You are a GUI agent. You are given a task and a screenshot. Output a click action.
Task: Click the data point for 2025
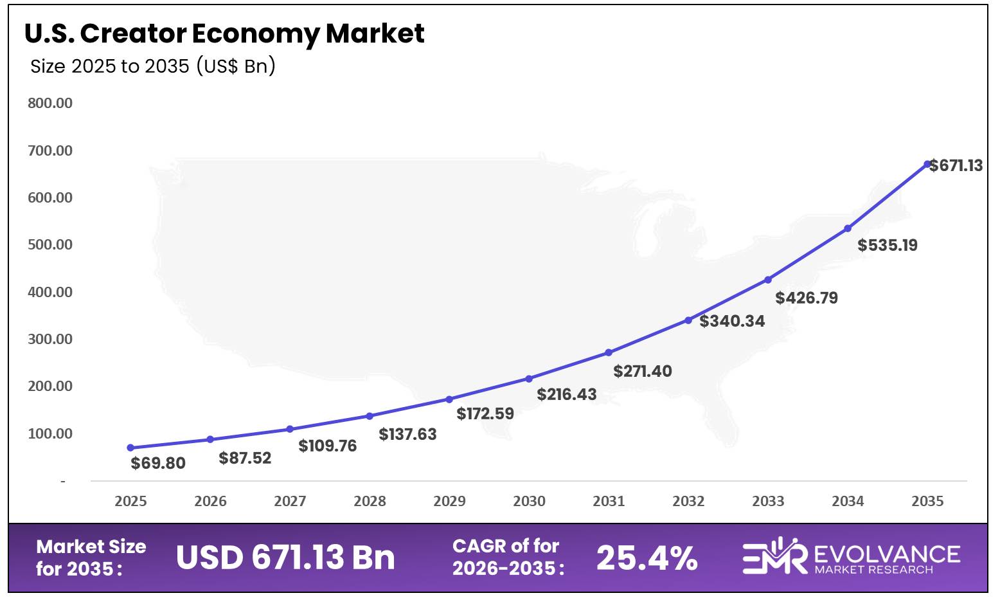click(x=130, y=448)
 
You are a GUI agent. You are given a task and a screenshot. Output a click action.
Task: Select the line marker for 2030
click(x=529, y=379)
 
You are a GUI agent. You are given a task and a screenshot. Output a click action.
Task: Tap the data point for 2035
click(x=927, y=164)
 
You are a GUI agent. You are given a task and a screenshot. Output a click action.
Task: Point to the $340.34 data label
click(x=732, y=321)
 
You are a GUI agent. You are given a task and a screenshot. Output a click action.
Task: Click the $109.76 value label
click(x=327, y=446)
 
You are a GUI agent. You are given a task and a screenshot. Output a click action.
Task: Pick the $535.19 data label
click(x=888, y=245)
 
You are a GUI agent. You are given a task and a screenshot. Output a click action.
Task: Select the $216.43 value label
click(x=567, y=394)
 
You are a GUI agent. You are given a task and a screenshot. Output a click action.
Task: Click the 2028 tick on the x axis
click(x=370, y=501)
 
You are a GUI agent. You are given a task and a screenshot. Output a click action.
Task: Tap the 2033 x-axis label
click(x=768, y=501)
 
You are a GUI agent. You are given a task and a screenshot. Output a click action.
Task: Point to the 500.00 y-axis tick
click(x=50, y=244)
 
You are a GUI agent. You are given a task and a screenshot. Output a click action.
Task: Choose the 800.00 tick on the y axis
click(x=50, y=103)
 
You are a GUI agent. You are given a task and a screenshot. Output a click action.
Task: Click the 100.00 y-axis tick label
click(x=50, y=433)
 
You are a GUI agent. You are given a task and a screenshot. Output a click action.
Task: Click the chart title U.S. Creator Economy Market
click(x=224, y=33)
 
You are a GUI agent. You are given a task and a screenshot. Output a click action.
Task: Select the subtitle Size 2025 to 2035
click(x=153, y=66)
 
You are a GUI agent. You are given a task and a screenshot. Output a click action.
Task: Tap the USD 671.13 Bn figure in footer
click(x=285, y=557)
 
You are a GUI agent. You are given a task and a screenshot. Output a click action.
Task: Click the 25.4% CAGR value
click(x=647, y=558)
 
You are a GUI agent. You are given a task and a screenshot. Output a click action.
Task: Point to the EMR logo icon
click(x=774, y=556)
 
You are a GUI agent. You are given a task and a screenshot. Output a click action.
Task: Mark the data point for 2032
click(x=688, y=320)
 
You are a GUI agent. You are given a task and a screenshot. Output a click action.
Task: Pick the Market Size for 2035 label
click(x=91, y=558)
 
